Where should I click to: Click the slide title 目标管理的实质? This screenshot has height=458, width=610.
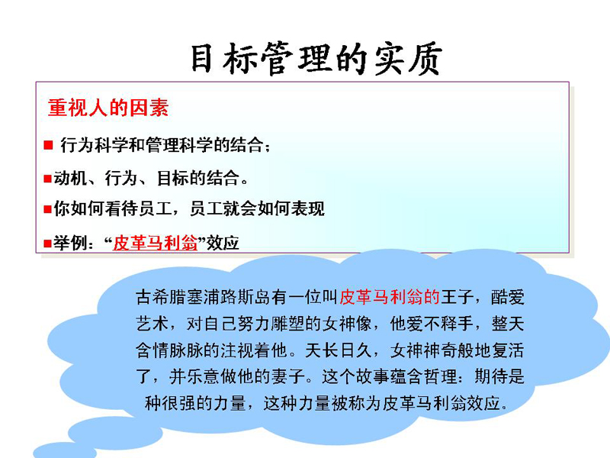(316, 60)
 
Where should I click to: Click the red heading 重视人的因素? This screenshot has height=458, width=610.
(108, 108)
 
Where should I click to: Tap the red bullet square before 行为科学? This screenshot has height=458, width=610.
(48, 145)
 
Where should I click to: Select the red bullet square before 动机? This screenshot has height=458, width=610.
(48, 179)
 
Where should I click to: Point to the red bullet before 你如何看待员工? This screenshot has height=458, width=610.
(48, 209)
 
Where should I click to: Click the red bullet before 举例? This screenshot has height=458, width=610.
(48, 244)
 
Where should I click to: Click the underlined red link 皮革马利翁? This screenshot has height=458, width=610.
(156, 243)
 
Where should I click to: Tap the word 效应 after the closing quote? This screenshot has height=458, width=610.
(223, 243)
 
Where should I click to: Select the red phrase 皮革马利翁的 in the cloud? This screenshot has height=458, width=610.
(390, 297)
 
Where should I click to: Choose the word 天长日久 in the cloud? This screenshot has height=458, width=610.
(338, 350)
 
